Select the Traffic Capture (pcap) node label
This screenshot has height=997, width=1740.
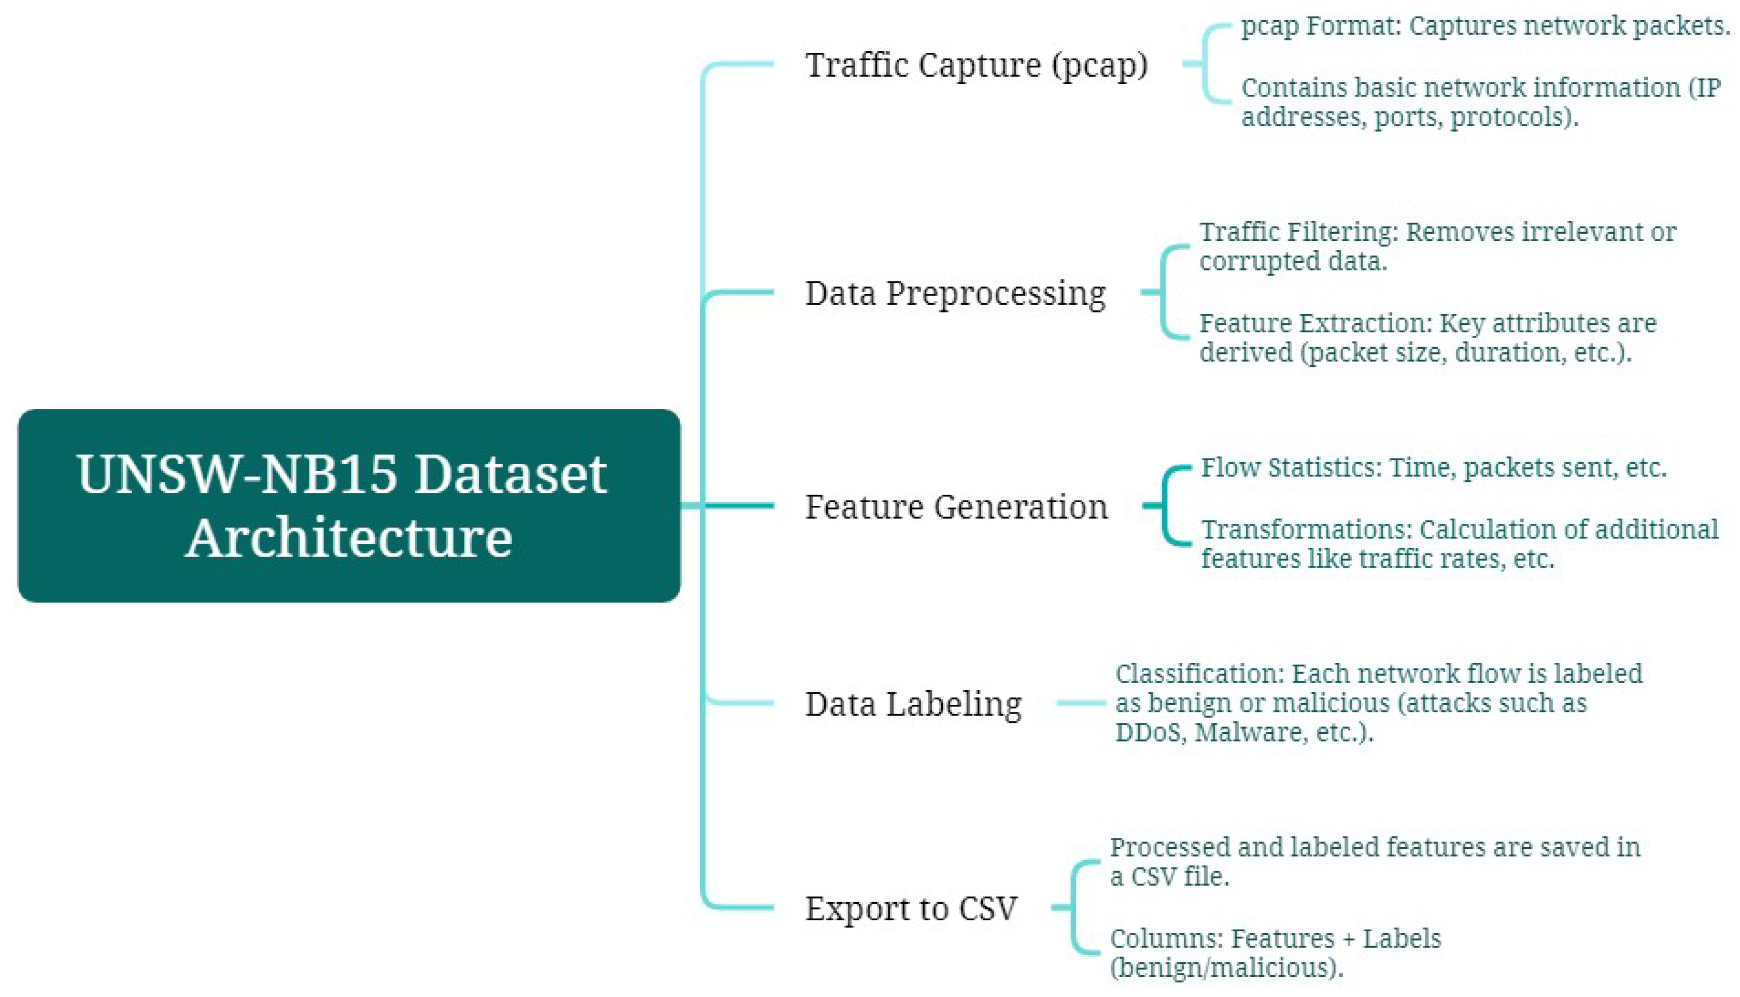(x=976, y=65)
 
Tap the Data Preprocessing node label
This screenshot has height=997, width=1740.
(x=955, y=293)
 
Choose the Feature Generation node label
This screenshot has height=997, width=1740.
(x=956, y=507)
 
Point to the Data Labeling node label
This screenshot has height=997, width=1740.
(x=913, y=703)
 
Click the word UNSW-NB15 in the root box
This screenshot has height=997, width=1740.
(x=236, y=474)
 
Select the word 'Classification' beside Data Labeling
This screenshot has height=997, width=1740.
(x=1198, y=674)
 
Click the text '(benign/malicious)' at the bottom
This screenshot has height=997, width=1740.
(x=1226, y=967)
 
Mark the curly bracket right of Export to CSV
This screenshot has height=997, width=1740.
(x=1077, y=907)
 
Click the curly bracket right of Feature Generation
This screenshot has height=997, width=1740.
(x=1168, y=506)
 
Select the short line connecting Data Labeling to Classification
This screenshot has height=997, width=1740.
(x=1081, y=703)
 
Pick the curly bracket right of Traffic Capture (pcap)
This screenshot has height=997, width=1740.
(x=1209, y=64)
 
